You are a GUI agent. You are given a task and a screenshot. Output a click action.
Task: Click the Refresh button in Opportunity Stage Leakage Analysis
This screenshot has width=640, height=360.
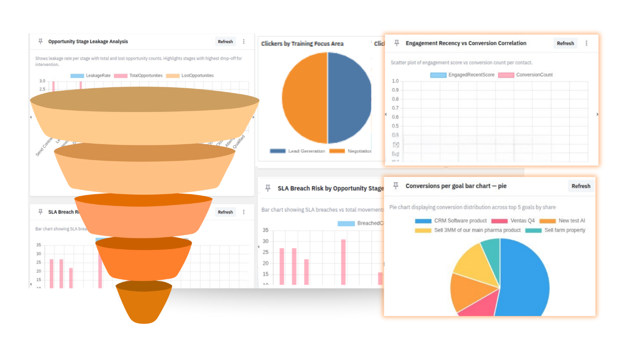click(225, 41)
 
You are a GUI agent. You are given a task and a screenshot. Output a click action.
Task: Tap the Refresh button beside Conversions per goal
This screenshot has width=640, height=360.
click(580, 186)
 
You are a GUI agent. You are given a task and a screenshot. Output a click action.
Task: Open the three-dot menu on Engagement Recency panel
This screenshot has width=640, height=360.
click(586, 43)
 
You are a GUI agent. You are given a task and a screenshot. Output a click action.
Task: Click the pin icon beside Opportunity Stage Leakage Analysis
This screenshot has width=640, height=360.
click(40, 41)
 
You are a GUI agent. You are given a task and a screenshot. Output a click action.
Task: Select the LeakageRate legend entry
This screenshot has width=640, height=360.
click(91, 75)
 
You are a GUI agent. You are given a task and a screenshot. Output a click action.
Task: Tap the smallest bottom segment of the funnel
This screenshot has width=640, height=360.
click(144, 305)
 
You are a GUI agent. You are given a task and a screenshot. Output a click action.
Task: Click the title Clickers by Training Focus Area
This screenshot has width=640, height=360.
click(302, 43)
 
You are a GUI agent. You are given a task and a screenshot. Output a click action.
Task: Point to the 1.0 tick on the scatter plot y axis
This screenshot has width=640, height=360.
click(395, 81)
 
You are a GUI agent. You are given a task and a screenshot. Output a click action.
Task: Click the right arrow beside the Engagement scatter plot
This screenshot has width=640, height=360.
click(597, 114)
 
